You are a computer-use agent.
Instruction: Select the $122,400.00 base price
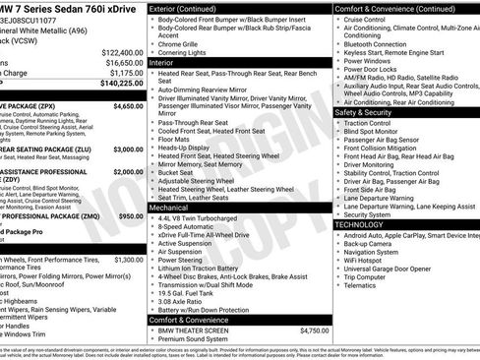tap(120, 51)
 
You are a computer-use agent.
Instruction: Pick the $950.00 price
tap(132, 215)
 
